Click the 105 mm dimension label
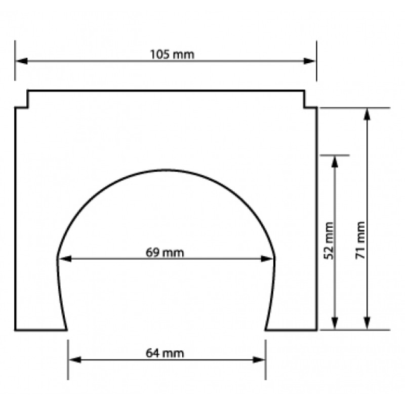pos(172,55)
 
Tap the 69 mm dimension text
pos(165,252)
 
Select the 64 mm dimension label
pos(165,353)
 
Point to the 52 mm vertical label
pos(329,240)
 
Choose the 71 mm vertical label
pos(360,240)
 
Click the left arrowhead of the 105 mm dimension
pos(22,61)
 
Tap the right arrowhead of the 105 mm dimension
pos(309,61)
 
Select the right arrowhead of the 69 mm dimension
pos(267,259)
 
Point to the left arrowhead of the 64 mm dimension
pos(75,360)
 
